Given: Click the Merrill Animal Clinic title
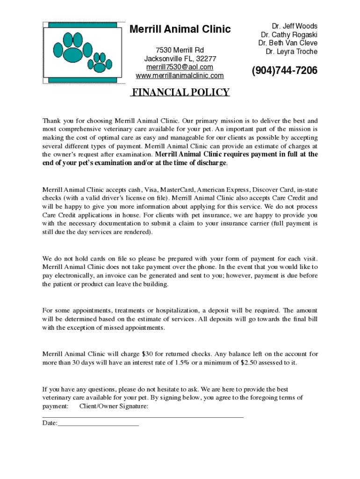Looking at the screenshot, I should [180, 29].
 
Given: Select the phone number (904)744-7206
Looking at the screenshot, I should [284, 71].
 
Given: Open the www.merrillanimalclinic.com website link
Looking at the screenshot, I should [180, 76].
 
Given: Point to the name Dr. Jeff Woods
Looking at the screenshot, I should [295, 26].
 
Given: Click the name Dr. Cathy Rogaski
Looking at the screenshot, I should [289, 35].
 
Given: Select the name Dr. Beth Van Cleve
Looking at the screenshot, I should [288, 43].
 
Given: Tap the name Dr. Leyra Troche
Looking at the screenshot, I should [291, 51].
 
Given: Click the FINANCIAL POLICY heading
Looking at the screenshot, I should [180, 92].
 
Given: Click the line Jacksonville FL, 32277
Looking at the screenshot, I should [180, 59].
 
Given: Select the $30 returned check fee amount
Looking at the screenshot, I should [148, 354].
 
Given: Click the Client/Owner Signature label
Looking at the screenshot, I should [114, 406].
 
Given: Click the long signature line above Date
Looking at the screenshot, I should [143, 416].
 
